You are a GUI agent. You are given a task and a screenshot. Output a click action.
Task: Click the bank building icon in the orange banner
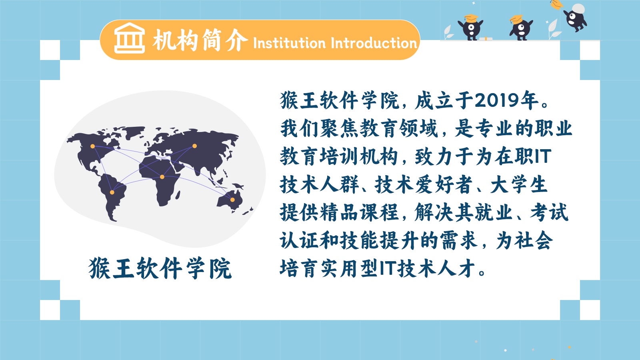130,38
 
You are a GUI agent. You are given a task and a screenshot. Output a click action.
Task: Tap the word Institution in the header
290,43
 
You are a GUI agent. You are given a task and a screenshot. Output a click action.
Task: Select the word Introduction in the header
374,43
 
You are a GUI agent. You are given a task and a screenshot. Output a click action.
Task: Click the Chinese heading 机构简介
200,40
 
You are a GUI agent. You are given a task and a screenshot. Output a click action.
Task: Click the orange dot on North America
92,146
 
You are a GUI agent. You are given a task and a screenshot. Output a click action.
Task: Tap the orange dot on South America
112,192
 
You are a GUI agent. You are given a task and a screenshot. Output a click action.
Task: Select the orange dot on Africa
162,177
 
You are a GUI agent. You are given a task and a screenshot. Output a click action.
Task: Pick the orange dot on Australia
232,200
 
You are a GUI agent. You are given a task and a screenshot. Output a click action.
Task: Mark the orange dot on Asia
194,146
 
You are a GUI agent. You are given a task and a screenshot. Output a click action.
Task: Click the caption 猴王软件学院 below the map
160,268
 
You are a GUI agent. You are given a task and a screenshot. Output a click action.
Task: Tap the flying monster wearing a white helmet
575,17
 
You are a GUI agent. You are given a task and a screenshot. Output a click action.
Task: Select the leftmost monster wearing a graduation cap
470,28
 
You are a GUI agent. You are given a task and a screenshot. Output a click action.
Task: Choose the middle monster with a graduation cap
521,28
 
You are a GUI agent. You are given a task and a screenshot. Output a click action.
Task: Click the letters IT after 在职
542,156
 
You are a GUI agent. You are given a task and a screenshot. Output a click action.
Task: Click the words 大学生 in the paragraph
519,184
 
